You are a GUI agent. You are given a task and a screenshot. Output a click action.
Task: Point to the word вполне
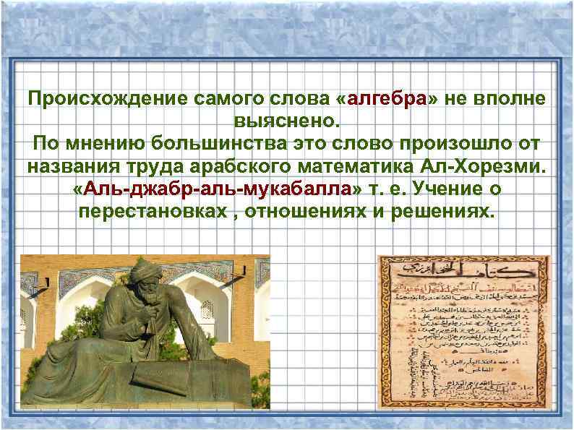[x=513, y=99]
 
